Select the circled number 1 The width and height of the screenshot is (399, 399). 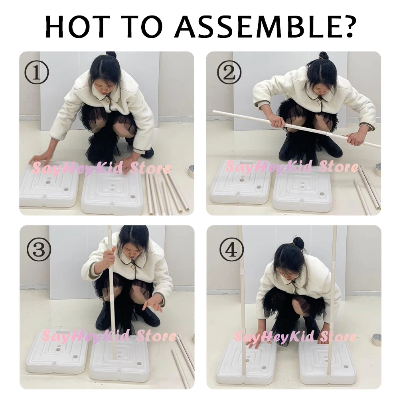pyautogui.click(x=37, y=73)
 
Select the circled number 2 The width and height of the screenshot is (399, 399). pyautogui.click(x=229, y=73)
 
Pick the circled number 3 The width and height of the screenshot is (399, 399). pyautogui.click(x=39, y=250)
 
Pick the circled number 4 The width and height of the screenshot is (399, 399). pyautogui.click(x=231, y=250)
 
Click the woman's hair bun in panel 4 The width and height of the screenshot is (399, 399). pyautogui.click(x=298, y=243)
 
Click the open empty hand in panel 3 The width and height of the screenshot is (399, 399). pyautogui.click(x=152, y=304)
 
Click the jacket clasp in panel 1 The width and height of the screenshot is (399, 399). pyautogui.click(x=108, y=101)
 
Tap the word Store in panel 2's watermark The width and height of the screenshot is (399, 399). pyautogui.click(x=339, y=167)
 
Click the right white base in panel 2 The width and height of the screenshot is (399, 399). pyautogui.click(x=302, y=190)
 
